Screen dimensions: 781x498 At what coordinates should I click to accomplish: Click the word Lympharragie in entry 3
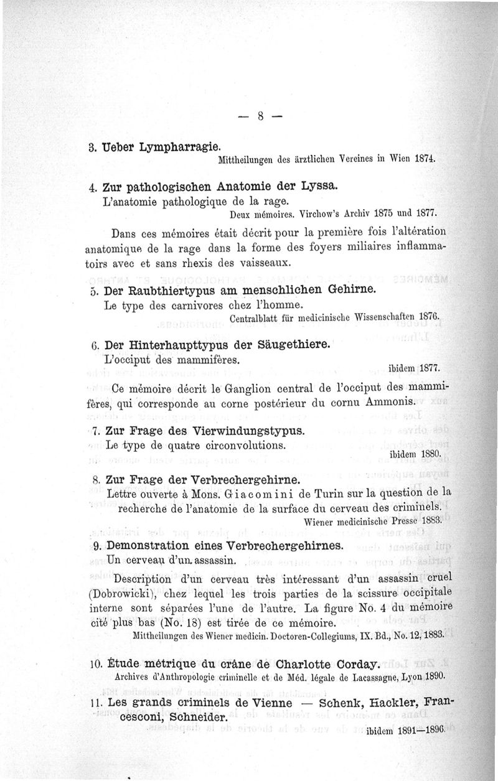pos(182,148)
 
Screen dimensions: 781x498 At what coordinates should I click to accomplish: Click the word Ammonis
pos(395,403)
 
